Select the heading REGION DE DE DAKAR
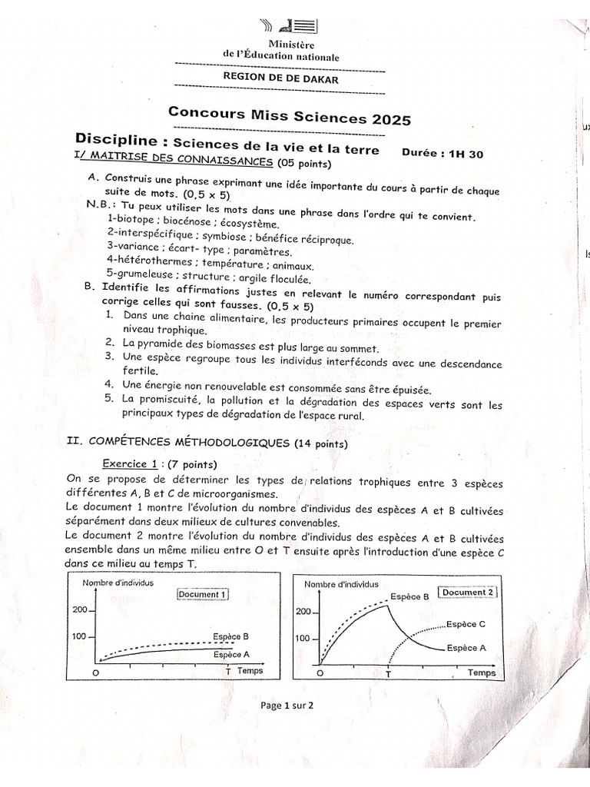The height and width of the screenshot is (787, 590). tap(280, 78)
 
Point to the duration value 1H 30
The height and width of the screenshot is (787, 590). tap(466, 154)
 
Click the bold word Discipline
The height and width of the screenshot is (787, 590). tap(121, 140)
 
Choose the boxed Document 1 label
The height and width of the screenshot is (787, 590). tap(202, 593)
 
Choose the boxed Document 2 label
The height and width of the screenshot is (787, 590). tap(468, 592)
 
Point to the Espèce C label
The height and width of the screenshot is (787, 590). tap(466, 624)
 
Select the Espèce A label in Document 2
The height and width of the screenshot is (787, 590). tap(466, 647)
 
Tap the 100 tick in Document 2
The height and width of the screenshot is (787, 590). tap(304, 639)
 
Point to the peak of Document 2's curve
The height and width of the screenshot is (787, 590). tap(389, 606)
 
